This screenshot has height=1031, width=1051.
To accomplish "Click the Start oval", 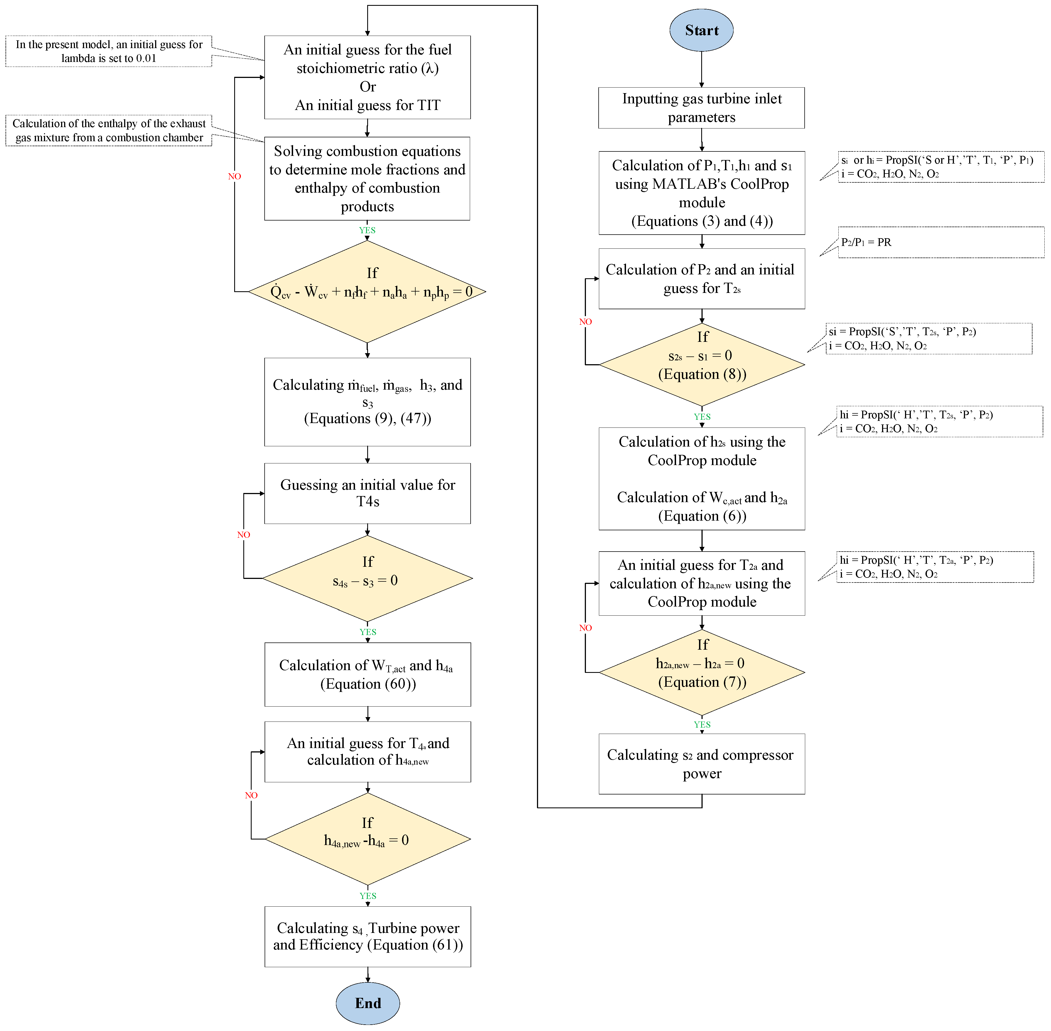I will (x=701, y=30).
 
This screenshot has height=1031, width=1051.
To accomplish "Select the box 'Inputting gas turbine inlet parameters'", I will (x=701, y=108).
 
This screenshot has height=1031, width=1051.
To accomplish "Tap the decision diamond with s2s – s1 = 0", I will (x=701, y=364).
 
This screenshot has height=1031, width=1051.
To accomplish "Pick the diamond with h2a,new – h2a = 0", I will (x=701, y=672).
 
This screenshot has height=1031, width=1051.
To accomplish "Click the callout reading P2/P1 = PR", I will (x=941, y=242).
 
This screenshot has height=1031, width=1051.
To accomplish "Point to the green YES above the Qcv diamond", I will (x=367, y=230).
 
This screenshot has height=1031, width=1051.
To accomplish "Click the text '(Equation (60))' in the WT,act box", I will (x=368, y=684).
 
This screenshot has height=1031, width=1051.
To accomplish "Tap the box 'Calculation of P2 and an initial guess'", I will (x=701, y=278).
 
